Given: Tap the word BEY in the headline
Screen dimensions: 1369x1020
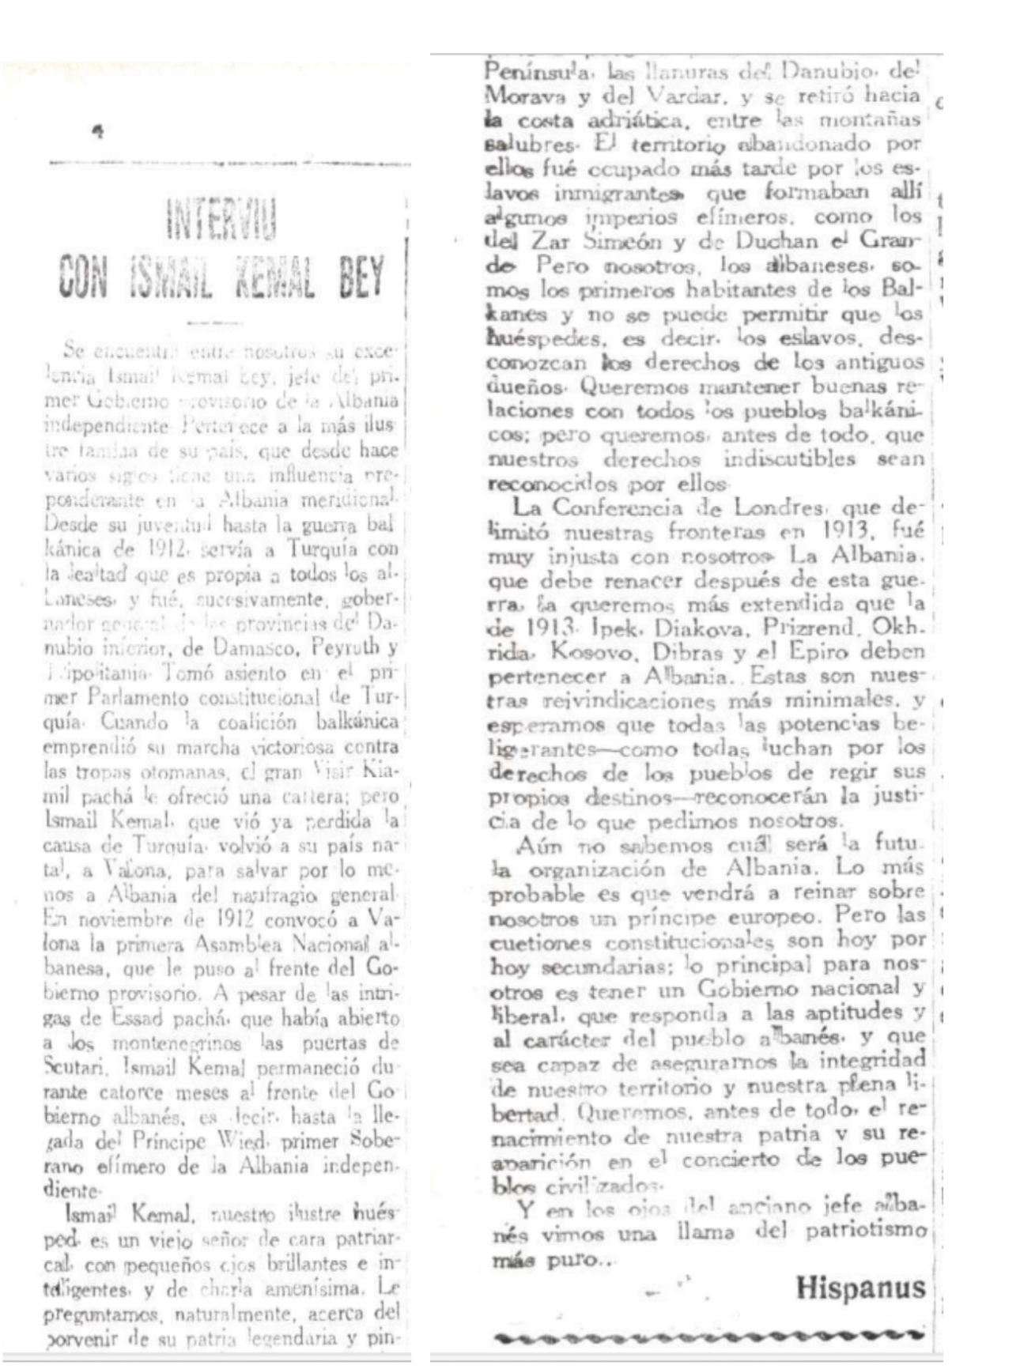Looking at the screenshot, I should [x=361, y=277].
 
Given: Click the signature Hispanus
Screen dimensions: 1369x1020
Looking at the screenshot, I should [x=859, y=1288].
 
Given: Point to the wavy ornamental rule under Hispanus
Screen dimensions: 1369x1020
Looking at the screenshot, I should [x=708, y=1337].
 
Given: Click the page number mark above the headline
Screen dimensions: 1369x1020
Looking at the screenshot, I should [x=97, y=134].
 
